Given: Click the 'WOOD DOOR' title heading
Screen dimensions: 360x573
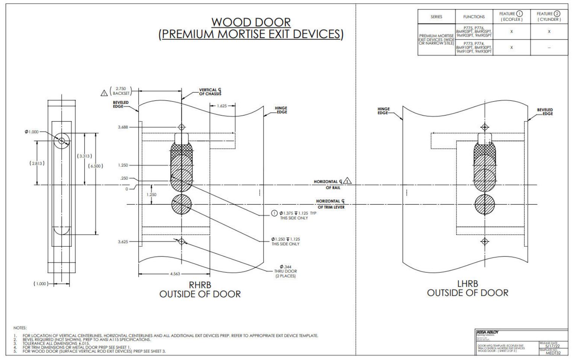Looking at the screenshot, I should pyautogui.click(x=251, y=22).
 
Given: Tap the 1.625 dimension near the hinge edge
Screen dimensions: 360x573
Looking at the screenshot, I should pyautogui.click(x=222, y=106).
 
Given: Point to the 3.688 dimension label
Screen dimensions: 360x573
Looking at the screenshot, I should pyautogui.click(x=123, y=127).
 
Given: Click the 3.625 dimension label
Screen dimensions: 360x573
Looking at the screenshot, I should pyautogui.click(x=123, y=242).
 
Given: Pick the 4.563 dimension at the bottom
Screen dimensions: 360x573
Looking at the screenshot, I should pyautogui.click(x=175, y=274).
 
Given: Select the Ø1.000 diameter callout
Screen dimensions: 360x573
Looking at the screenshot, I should pyautogui.click(x=32, y=132).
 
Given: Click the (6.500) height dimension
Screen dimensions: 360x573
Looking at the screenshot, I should pyautogui.click(x=95, y=166).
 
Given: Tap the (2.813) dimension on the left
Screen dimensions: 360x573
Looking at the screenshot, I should pyautogui.click(x=37, y=163).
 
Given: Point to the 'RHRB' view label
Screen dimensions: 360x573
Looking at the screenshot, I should pyautogui.click(x=200, y=285).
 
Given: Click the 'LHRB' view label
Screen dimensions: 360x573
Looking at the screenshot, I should pyautogui.click(x=467, y=284).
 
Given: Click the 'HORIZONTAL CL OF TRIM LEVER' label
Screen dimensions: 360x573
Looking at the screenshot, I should pyautogui.click(x=330, y=204).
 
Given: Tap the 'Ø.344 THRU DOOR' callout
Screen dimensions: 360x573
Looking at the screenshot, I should pyautogui.click(x=285, y=271).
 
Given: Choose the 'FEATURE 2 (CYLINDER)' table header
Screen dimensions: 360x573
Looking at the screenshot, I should pyautogui.click(x=549, y=17).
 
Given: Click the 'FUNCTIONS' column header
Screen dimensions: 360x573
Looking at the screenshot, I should pyautogui.click(x=474, y=17).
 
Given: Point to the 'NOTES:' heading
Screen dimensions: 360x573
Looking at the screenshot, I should pyautogui.click(x=20, y=328).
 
